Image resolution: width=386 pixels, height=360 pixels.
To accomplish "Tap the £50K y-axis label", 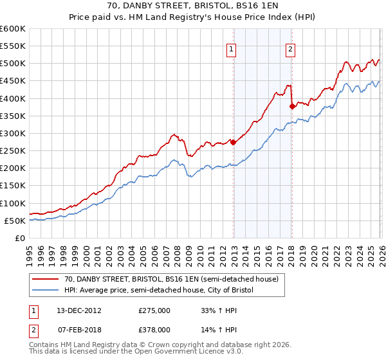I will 15,221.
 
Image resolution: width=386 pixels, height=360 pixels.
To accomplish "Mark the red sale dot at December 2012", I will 233,143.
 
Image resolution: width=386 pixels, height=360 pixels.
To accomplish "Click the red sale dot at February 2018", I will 291,106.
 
